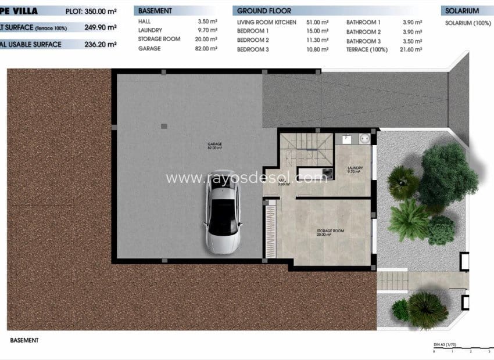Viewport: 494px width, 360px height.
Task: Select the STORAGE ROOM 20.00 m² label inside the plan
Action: tap(330, 232)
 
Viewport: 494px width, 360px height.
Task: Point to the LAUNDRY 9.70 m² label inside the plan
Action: tap(355, 170)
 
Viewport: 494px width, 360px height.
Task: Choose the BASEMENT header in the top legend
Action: tap(155, 11)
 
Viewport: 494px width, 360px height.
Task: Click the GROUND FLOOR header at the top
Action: tap(264, 11)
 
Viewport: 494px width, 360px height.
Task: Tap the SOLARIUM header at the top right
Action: tap(463, 11)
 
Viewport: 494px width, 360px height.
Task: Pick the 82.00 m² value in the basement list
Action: tap(207, 49)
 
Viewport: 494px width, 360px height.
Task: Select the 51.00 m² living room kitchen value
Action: tap(318, 22)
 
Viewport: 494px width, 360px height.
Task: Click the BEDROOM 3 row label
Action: tap(253, 50)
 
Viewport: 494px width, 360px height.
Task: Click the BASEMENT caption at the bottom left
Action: tap(24, 340)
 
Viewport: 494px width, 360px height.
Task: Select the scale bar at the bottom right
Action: tap(462, 348)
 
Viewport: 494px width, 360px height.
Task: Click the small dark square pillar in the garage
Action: tap(164, 125)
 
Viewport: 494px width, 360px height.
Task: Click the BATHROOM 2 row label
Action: tap(364, 32)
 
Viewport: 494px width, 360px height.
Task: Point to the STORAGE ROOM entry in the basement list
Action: tap(159, 39)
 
